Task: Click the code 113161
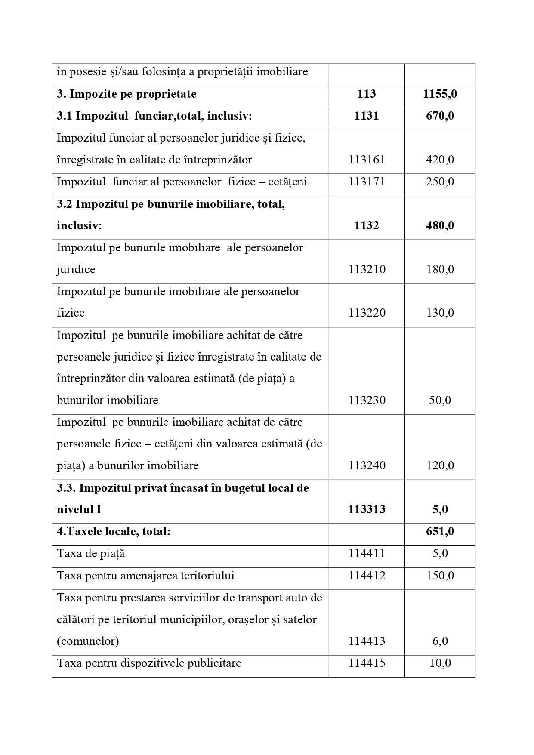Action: (367, 160)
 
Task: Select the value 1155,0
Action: (440, 94)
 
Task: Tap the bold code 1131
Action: (367, 116)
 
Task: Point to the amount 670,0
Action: (440, 116)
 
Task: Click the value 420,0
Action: (440, 160)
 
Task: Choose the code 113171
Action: (367, 182)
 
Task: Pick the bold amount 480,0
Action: (440, 226)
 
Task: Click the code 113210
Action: (367, 270)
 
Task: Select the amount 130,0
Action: (440, 313)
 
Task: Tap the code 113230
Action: (367, 401)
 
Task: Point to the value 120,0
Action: (440, 466)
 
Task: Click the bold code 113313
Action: (367, 510)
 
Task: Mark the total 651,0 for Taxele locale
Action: (440, 532)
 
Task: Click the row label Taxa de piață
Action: (91, 554)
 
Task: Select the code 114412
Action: (367, 576)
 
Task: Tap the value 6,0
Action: (440, 641)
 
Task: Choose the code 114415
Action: (367, 663)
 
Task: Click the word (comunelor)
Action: (88, 641)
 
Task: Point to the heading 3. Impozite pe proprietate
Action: (127, 94)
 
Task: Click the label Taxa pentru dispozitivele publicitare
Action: (149, 663)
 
